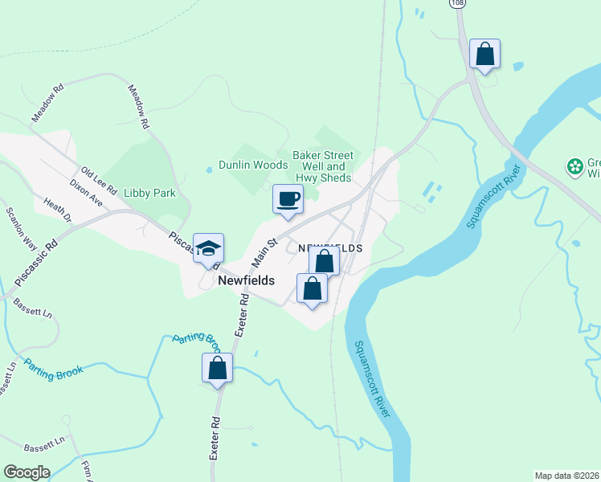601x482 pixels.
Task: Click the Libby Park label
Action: click(149, 194)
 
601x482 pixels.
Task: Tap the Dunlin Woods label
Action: click(252, 165)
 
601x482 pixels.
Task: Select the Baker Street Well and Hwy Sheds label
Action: click(323, 166)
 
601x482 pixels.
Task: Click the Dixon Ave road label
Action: click(86, 194)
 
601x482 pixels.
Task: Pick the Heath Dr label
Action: click(58, 211)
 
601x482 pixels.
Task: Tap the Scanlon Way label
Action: click(21, 227)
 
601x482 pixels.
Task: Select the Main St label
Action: click(264, 251)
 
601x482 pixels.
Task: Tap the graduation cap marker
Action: click(208, 248)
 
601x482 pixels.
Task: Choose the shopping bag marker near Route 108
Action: click(484, 54)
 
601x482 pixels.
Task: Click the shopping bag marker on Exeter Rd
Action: click(217, 368)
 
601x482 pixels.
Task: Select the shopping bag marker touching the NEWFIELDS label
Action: click(324, 261)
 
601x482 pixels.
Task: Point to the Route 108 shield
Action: click(457, 3)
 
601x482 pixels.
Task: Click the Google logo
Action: click(27, 472)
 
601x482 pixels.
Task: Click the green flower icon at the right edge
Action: click(574, 167)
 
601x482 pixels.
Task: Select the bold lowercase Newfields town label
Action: click(247, 281)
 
